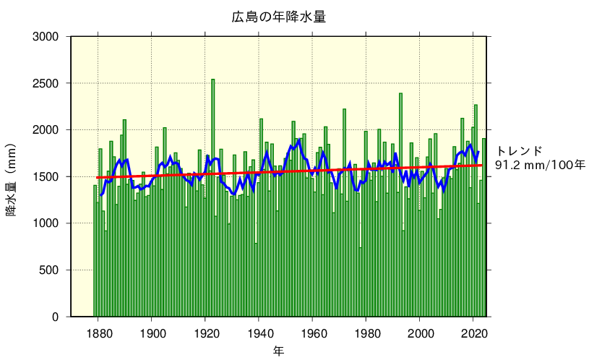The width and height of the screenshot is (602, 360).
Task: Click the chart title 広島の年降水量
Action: (x=278, y=17)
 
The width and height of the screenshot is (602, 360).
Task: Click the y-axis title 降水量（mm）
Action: (x=12, y=176)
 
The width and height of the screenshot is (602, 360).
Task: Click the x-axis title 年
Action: (x=278, y=351)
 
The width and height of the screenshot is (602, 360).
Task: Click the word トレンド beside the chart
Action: (x=519, y=151)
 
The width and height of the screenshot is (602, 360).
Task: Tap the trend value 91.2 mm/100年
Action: (x=540, y=166)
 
